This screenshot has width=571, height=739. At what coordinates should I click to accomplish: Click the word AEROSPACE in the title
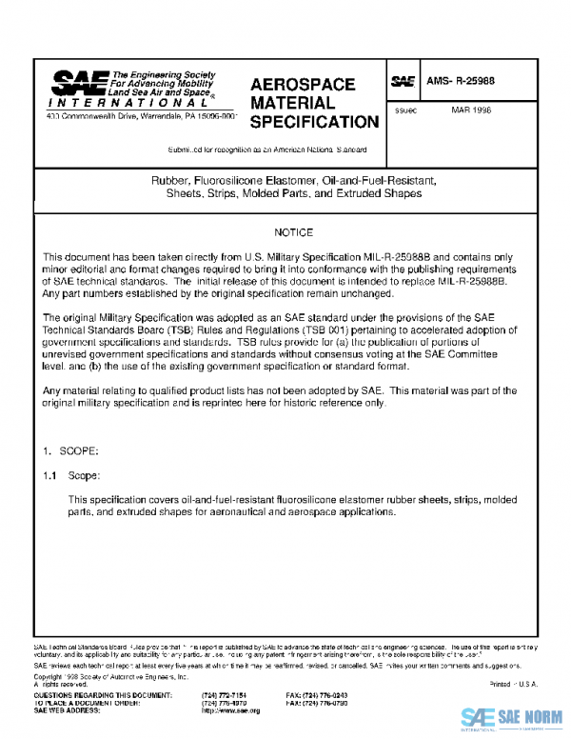click(x=303, y=85)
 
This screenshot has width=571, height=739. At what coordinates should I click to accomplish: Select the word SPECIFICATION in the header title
click(x=314, y=122)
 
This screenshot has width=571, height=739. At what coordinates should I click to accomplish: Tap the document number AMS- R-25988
click(x=461, y=81)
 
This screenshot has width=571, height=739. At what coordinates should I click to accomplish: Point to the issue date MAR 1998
click(x=470, y=110)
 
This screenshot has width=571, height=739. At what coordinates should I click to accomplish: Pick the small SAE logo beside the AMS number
click(x=403, y=82)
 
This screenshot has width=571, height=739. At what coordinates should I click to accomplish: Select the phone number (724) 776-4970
click(x=221, y=703)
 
